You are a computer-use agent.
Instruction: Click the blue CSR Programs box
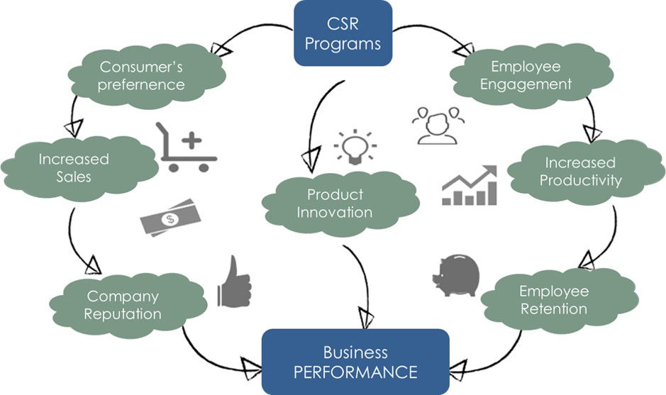(x=343, y=33)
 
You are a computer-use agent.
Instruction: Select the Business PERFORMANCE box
(x=355, y=362)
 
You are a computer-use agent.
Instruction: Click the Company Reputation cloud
(x=123, y=304)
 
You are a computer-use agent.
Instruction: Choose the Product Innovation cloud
(x=335, y=204)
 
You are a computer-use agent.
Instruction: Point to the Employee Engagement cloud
(x=525, y=75)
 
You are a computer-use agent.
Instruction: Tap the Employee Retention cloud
(x=553, y=300)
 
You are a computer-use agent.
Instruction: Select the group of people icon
(x=435, y=125)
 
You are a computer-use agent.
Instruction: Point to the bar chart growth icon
(x=469, y=186)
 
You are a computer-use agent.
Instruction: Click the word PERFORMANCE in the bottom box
(x=355, y=371)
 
